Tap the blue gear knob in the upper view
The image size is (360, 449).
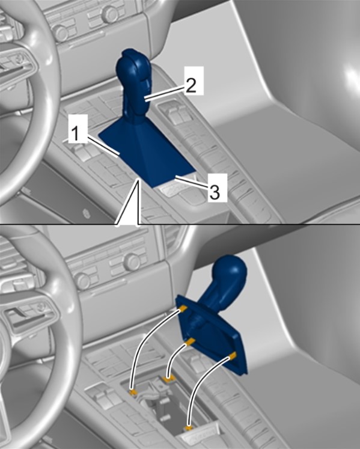click(x=134, y=84)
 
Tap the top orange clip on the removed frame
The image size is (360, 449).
click(x=183, y=309)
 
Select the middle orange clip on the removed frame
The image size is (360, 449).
click(x=190, y=341)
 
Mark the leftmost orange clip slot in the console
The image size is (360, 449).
click(x=133, y=392)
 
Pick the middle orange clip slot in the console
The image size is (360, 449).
click(x=168, y=379)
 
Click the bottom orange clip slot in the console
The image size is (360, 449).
click(x=188, y=429)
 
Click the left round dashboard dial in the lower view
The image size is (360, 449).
click(x=82, y=281)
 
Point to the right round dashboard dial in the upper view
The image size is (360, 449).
click(x=110, y=13)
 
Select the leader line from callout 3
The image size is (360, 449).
click(x=192, y=183)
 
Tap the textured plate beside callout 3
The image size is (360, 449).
click(x=171, y=190)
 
